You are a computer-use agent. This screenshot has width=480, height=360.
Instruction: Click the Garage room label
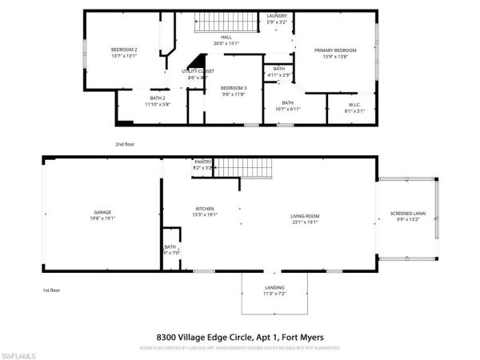point(101,212)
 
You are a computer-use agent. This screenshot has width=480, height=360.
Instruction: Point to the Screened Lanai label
point(408,213)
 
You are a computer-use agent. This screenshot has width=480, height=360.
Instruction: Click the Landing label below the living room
point(274,287)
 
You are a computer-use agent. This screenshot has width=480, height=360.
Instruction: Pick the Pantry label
point(202,162)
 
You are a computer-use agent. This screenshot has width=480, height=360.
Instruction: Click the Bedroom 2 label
point(124,50)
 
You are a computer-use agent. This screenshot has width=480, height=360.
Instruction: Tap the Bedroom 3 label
point(233,87)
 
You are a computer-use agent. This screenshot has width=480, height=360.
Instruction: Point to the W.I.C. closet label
point(355,104)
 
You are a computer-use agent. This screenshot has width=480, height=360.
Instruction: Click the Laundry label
point(277,15)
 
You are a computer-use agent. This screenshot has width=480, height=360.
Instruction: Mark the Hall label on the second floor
point(226,38)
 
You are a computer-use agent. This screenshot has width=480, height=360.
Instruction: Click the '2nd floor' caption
point(125,144)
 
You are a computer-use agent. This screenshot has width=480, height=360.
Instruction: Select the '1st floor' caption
point(52,290)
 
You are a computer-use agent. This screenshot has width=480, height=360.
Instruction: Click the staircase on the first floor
point(243,168)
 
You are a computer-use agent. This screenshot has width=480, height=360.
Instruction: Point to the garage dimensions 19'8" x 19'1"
point(101,218)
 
